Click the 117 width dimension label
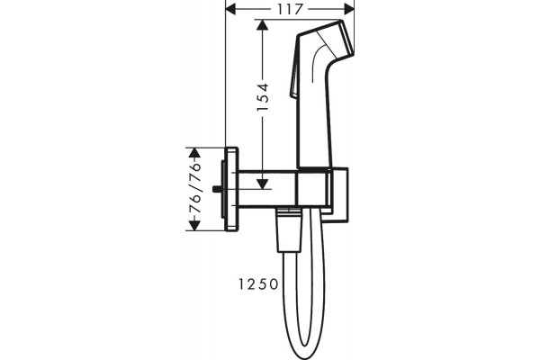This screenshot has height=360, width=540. point(290,9)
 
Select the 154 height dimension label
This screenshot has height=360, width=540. point(263,97)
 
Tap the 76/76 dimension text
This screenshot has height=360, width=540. point(194,188)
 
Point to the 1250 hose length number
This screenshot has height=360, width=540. point(258,284)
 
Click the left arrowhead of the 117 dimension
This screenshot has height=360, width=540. point(230,9)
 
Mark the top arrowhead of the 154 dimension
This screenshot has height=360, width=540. point(263,25)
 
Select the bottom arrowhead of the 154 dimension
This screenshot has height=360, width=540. point(263,184)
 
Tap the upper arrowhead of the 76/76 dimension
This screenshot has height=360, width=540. point(194,153)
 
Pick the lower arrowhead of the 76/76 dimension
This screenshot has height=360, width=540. point(194,225)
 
